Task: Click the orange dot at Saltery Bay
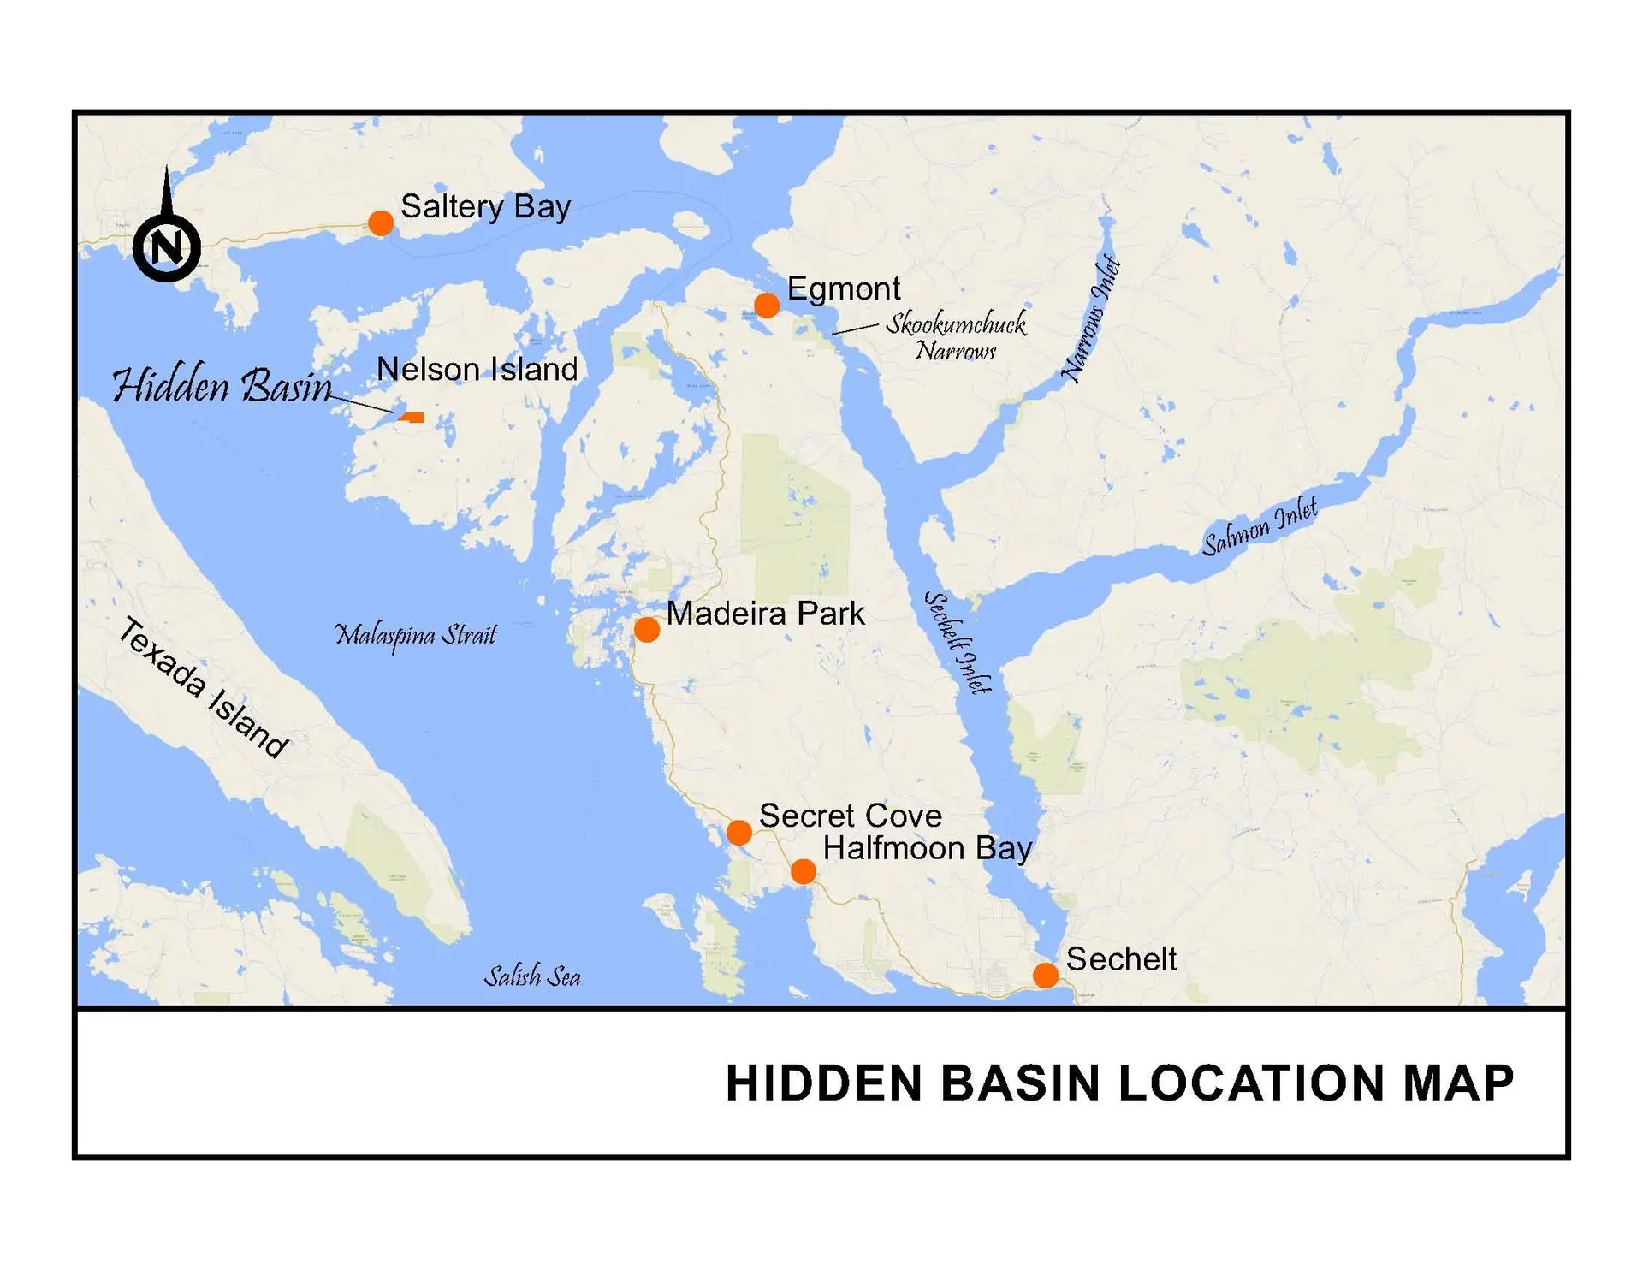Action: point(381,223)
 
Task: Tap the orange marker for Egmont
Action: point(767,305)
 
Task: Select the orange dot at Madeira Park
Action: point(647,630)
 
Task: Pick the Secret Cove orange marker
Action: point(739,832)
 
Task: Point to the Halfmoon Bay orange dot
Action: point(803,872)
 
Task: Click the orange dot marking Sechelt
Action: point(1045,975)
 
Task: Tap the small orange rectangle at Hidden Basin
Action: point(413,418)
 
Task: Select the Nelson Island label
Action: point(477,370)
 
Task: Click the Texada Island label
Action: point(203,687)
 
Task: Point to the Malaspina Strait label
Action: point(416,635)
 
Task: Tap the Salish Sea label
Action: point(532,976)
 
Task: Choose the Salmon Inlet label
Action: point(1260,526)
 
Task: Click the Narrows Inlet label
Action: point(1092,318)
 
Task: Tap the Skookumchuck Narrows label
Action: point(956,336)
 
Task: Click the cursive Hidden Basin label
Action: point(222,386)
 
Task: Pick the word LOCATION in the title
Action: point(1252,1083)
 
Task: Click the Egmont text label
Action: point(844,289)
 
